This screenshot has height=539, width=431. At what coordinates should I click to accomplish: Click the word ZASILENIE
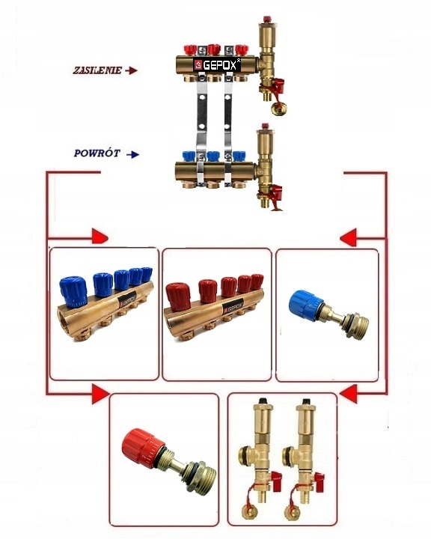[97, 70]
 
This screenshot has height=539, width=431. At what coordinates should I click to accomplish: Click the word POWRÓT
[97, 153]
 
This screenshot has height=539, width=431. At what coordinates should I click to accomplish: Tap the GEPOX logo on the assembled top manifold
[216, 65]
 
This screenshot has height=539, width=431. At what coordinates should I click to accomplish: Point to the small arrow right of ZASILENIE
[131, 70]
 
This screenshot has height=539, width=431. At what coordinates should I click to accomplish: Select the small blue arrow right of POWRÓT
[132, 154]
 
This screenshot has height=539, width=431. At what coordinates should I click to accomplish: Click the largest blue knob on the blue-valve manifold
[73, 291]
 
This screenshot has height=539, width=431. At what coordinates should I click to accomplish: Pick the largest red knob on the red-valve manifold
[179, 296]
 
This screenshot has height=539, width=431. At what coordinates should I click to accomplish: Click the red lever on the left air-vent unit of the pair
[276, 478]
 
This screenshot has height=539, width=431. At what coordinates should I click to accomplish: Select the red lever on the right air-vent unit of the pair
[319, 478]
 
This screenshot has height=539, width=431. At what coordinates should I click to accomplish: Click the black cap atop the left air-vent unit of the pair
[263, 401]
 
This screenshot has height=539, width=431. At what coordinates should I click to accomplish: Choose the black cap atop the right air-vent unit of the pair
[305, 401]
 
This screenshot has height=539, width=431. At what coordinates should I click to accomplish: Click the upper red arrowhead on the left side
[100, 236]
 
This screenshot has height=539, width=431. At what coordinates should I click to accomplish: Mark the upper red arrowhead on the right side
[348, 237]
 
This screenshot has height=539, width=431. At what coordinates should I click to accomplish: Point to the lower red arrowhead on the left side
[100, 395]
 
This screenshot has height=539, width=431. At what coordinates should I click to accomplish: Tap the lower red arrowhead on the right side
[348, 394]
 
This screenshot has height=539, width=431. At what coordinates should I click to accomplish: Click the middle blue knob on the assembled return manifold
[213, 156]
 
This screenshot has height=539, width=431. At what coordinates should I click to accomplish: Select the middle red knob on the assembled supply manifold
[214, 49]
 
